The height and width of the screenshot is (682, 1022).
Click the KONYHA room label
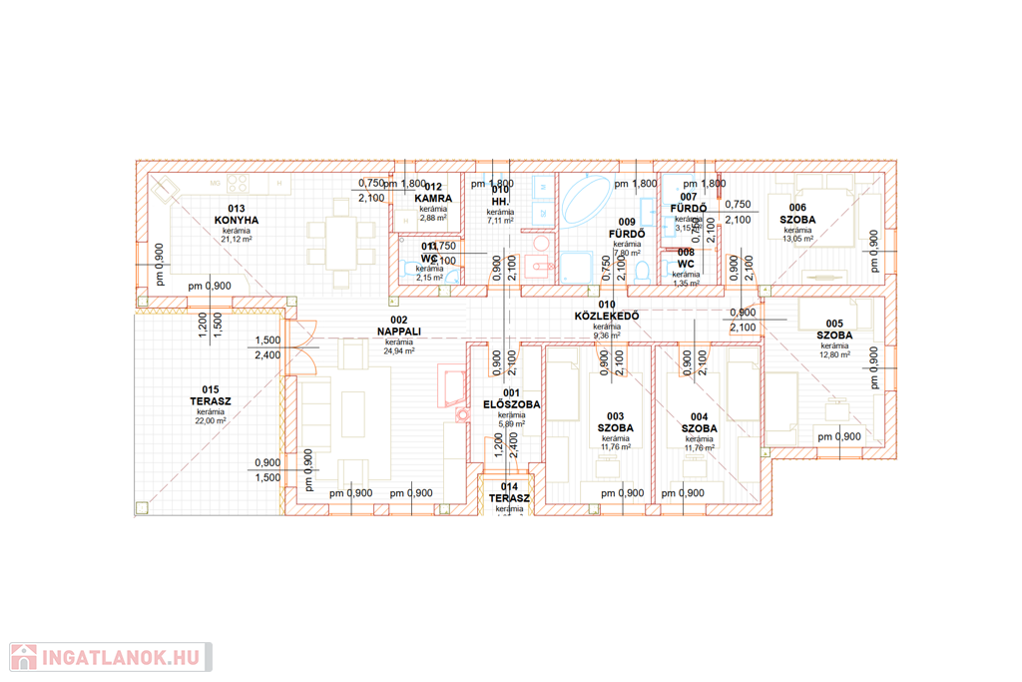click(237, 220)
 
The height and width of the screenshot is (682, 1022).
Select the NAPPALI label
click(398, 331)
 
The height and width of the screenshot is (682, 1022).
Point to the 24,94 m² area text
click(398, 351)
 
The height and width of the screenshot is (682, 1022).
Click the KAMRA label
click(433, 199)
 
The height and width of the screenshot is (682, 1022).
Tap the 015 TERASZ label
click(211, 401)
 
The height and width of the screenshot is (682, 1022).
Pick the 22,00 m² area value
click(211, 421)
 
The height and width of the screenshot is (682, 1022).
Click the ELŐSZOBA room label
click(511, 404)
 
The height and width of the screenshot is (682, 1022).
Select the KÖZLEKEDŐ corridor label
click(607, 317)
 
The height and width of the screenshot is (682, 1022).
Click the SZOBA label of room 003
click(616, 428)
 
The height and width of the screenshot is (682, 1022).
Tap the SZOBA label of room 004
click(700, 428)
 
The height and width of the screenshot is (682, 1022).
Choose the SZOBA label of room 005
click(834, 336)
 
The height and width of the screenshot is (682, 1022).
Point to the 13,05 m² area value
click(797, 240)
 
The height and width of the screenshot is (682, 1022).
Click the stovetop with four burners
click(239, 184)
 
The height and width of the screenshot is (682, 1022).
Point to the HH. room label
click(500, 201)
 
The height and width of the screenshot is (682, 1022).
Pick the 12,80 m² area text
click(834, 354)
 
